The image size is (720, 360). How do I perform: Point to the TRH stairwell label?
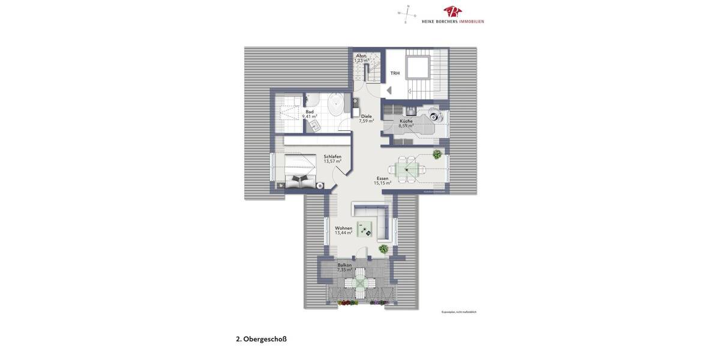pyautogui.click(x=395, y=73)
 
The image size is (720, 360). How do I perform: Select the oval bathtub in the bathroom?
pyautogui.click(x=335, y=106)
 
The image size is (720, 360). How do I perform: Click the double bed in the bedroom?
pyautogui.click(x=300, y=172)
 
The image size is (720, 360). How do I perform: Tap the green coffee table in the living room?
pyautogui.click(x=364, y=230)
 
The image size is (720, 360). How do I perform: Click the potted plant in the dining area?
pyautogui.click(x=437, y=154)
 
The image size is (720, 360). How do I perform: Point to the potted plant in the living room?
pyautogui.click(x=383, y=248)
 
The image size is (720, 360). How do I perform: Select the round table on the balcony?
pyautogui.click(x=360, y=283)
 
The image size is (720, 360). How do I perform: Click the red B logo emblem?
pyautogui.click(x=452, y=12)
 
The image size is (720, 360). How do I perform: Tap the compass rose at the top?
pyautogui.click(x=407, y=14)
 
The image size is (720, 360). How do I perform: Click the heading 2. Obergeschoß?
pyautogui.click(x=261, y=339)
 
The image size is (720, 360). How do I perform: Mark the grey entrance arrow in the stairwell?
pyautogui.click(x=389, y=91)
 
